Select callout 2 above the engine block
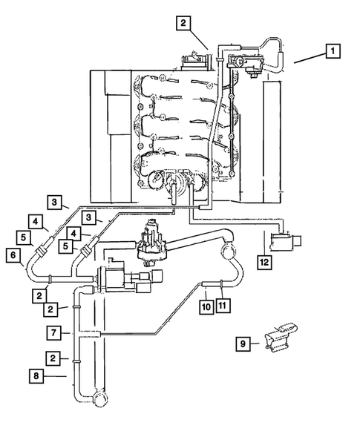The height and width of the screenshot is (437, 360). click(183, 23)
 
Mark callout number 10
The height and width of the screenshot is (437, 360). click(206, 306)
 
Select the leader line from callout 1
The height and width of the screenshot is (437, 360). click(308, 59)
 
